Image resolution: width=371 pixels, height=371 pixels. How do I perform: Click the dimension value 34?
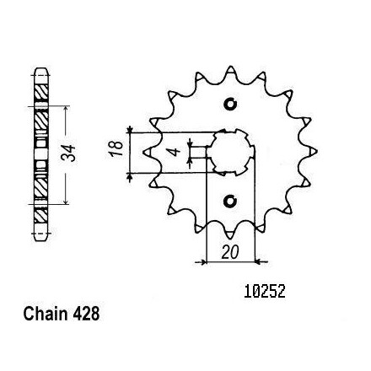click(69, 153)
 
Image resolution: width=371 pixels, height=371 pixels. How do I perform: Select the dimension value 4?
click(175, 152)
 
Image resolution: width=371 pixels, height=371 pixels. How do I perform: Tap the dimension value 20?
click(230, 252)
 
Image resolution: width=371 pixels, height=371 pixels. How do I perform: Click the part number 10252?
click(265, 291)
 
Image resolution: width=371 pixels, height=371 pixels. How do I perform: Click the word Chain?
click(46, 314)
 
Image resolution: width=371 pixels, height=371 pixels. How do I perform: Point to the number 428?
click(86, 314)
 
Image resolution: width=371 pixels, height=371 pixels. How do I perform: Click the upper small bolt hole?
click(230, 105)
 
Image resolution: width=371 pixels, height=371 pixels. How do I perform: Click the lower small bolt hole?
click(230, 201)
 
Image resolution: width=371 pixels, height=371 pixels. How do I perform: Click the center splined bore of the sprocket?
click(230, 152)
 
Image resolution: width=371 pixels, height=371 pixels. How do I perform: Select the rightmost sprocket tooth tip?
click(316, 152)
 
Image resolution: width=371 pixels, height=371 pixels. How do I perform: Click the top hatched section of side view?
click(40, 91)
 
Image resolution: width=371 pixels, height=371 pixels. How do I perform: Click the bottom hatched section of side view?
click(40, 216)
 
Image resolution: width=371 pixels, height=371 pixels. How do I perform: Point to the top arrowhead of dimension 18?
click(130, 130)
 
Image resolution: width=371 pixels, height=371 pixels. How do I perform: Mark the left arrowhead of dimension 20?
click(203, 262)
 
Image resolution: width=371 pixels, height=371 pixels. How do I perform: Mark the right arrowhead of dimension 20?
click(258, 262)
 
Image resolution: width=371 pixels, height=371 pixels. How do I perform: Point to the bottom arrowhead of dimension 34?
click(66, 201)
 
